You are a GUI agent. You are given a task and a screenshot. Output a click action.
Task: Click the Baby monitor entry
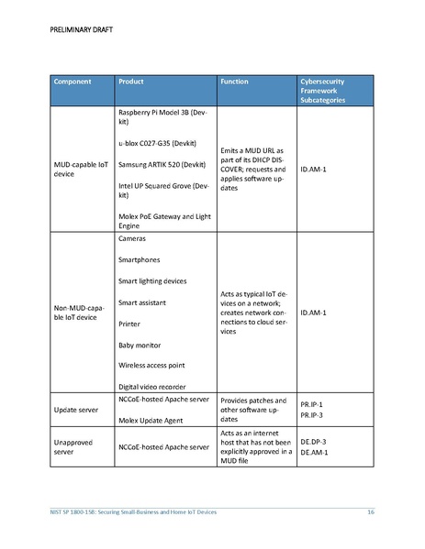[x=140, y=345]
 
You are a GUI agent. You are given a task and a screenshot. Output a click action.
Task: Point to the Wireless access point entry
[x=156, y=366]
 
